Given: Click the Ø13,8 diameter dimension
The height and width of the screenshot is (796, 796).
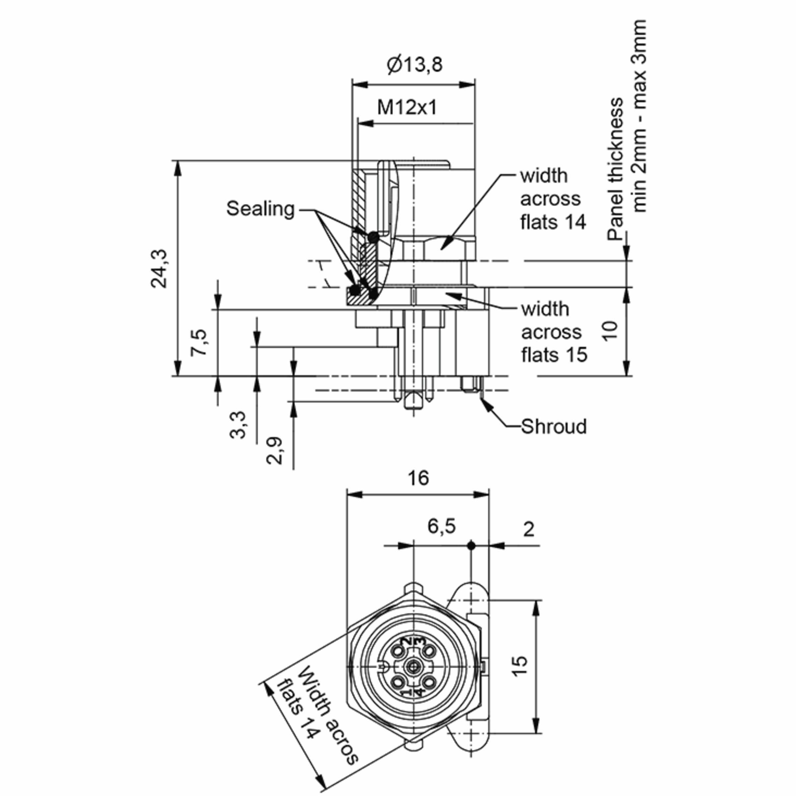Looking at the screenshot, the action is point(415,65).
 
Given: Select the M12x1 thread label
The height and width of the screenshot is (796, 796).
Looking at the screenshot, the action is point(407,107).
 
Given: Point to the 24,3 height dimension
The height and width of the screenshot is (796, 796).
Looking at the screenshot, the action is point(159,269).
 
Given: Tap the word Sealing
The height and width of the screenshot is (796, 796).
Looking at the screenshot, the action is point(260,209).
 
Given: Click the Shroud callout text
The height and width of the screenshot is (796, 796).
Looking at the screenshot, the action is point(554,427).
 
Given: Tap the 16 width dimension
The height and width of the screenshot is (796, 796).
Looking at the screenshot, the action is point(418,478).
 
